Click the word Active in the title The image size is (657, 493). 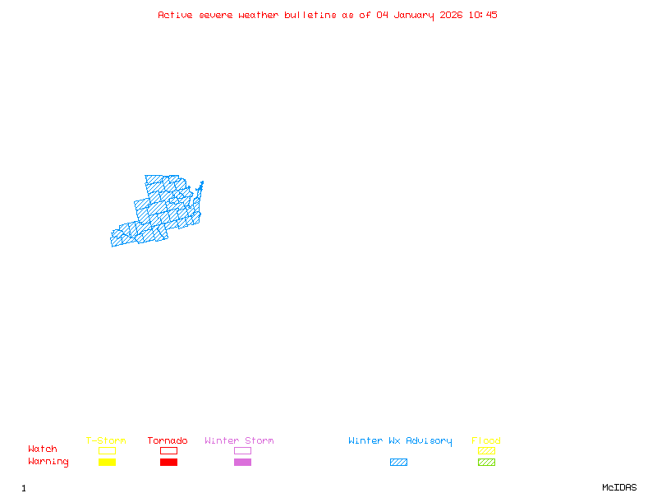(174, 15)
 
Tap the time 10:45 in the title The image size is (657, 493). (483, 15)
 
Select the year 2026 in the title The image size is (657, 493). (452, 15)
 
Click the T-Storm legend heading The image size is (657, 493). (106, 441)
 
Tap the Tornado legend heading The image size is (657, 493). (168, 441)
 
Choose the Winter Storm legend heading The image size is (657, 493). (239, 441)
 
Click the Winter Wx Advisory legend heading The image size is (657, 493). (400, 441)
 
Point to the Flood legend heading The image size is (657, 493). (486, 441)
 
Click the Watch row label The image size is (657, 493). (43, 449)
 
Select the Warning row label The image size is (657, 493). (48, 462)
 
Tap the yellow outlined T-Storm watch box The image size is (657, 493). (107, 450)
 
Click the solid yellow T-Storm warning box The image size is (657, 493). (107, 462)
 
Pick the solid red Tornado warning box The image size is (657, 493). (168, 462)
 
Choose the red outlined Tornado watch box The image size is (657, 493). (168, 450)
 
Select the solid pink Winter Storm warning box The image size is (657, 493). (242, 462)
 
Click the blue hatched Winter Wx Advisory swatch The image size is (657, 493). (398, 462)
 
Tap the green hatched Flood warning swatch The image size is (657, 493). (486, 462)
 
